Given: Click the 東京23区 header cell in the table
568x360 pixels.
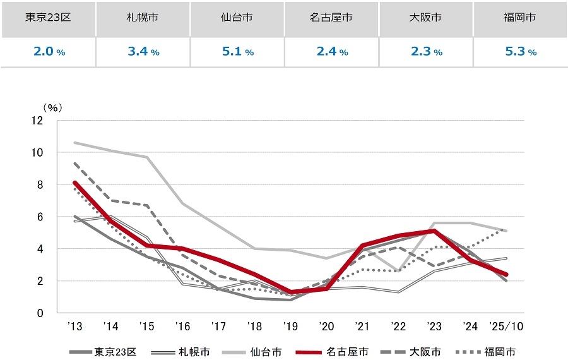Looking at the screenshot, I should (x=48, y=18).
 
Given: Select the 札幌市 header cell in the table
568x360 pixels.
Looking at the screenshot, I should (x=143, y=18).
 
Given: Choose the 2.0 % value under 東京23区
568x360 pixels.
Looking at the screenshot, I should (x=48, y=52).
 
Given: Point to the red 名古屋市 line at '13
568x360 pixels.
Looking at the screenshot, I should (x=74, y=183).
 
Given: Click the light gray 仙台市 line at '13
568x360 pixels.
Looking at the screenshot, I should (x=74, y=143).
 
